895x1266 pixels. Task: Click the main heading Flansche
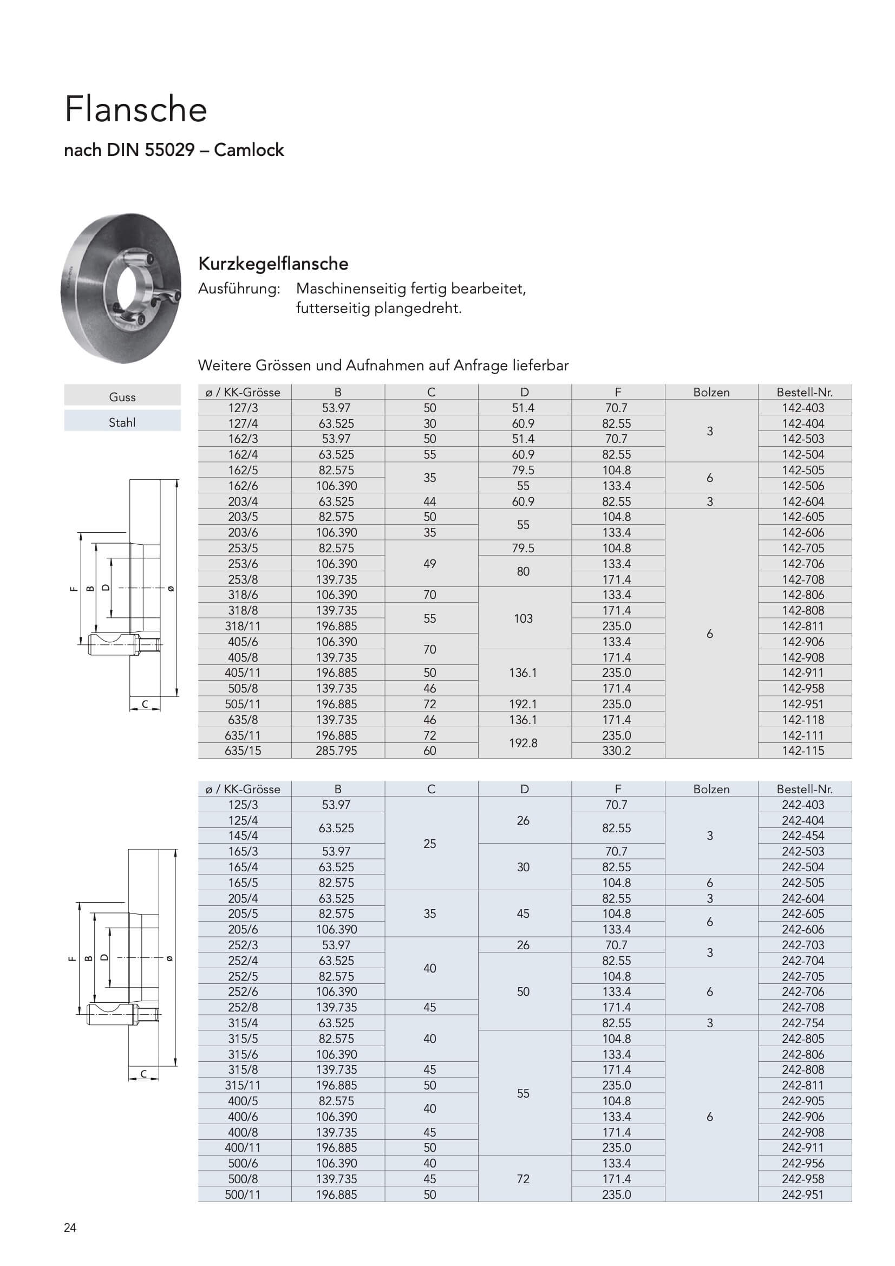click(136, 109)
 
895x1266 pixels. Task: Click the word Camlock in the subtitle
click(249, 150)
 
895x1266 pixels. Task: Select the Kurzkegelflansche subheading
click(273, 264)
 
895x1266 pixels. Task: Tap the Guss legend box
click(122, 396)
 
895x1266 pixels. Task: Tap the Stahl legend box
click(122, 422)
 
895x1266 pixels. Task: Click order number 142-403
click(803, 408)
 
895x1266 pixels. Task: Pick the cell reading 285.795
click(336, 751)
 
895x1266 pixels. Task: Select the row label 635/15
click(243, 751)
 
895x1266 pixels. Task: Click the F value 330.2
click(616, 751)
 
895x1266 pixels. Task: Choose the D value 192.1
click(523, 704)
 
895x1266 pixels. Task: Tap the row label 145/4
click(243, 836)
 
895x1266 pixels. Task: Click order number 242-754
click(803, 1023)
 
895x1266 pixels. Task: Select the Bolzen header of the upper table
click(711, 392)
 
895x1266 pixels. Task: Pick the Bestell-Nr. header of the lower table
click(804, 789)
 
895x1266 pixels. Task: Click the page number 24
click(70, 1228)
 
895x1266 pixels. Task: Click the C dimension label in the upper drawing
click(145, 704)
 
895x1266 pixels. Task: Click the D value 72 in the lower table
click(523, 1178)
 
